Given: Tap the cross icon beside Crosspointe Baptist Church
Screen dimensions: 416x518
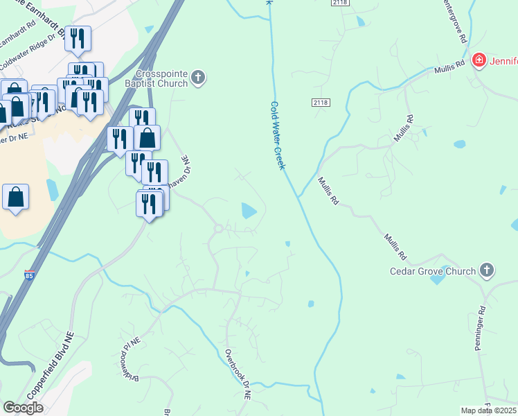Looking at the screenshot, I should point(199,78).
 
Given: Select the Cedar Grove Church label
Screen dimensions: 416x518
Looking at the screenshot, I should point(434,271).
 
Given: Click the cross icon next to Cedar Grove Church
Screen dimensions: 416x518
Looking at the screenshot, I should point(487,270).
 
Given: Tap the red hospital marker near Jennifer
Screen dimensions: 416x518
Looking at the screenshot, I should point(478,61).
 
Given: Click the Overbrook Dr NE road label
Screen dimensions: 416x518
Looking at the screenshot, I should point(238,374).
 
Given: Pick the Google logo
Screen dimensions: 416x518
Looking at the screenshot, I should point(22,408).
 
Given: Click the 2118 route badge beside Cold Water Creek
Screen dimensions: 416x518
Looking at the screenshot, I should point(321,103).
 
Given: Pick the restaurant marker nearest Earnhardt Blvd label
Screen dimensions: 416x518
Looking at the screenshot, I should point(77,39).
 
